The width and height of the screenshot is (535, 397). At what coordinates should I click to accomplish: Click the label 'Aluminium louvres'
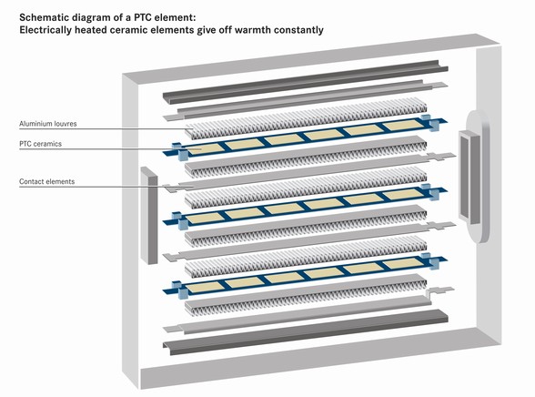47,124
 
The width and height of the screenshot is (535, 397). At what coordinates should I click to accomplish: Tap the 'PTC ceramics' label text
40,144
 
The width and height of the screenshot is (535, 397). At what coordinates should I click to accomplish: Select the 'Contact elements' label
46,181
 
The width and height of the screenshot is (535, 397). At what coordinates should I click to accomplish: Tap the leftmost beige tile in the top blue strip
200,148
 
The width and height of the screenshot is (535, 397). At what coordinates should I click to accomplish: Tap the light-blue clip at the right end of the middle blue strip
429,192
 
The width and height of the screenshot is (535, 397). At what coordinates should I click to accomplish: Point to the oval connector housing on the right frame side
474,177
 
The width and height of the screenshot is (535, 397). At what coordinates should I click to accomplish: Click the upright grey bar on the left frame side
149,216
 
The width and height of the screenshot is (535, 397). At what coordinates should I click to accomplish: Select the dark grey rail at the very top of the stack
306,82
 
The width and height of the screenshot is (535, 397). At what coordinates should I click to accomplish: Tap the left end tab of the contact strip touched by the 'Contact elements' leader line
172,188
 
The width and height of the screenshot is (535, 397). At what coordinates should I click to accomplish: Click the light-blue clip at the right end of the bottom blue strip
429,261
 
